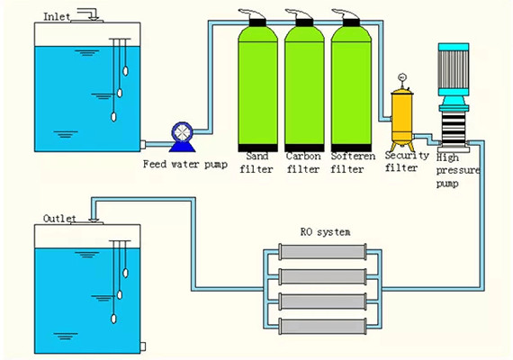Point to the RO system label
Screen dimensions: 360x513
coord(319,231)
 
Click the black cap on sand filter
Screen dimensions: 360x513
coord(256,19)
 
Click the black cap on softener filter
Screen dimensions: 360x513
coord(349,19)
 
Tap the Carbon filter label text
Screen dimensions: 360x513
coord(302,162)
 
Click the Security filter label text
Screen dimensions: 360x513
coord(402,161)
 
